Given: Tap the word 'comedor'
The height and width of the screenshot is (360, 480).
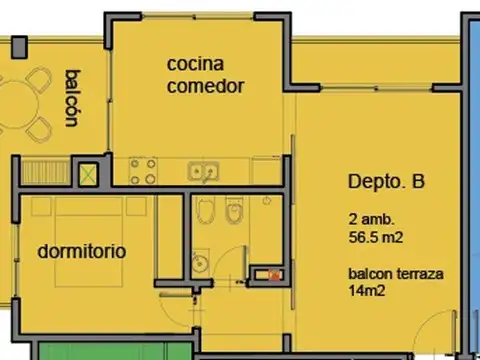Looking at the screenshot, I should (205, 86).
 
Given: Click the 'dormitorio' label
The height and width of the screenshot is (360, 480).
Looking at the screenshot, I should (82, 251).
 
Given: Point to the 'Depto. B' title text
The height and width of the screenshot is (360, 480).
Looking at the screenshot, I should (386, 182).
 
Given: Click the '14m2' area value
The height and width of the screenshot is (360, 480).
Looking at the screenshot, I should (366, 291).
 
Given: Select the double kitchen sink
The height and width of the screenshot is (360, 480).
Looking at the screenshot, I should (205, 171).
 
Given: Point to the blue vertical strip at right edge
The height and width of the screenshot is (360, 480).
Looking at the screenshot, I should (469, 180).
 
